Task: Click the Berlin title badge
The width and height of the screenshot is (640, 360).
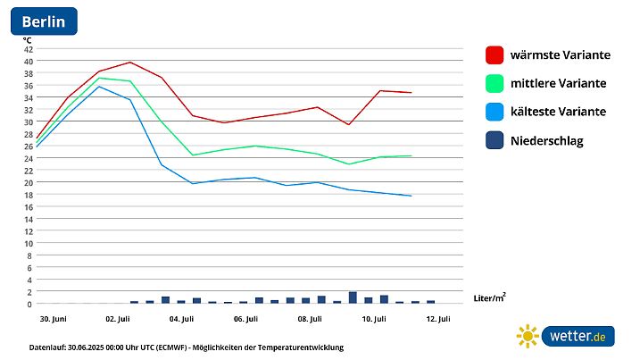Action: click(x=44, y=21)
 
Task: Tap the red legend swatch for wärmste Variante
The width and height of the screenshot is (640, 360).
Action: click(x=495, y=54)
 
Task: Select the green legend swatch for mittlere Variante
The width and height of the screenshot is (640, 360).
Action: click(x=495, y=83)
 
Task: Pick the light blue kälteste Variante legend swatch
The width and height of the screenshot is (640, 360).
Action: click(x=495, y=112)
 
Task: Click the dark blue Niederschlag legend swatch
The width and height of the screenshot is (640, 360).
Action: click(x=495, y=140)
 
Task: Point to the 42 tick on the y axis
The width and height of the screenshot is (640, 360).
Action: click(x=29, y=48)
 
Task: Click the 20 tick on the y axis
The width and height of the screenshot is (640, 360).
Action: click(x=29, y=182)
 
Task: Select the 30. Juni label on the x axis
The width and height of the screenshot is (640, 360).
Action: click(x=50, y=318)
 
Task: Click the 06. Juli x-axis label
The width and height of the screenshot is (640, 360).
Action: click(x=245, y=318)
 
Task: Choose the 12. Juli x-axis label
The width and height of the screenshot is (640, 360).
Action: click(x=437, y=318)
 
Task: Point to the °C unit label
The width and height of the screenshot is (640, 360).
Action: click(x=28, y=38)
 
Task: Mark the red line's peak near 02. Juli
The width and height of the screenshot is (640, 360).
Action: click(x=130, y=62)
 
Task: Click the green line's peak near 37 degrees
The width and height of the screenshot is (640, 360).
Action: click(x=99, y=78)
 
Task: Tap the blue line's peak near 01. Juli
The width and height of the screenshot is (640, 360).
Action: click(x=99, y=86)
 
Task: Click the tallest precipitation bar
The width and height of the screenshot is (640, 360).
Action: click(x=353, y=297)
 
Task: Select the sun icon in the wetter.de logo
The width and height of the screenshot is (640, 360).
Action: click(x=528, y=336)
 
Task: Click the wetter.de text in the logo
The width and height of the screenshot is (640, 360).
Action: click(x=578, y=337)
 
